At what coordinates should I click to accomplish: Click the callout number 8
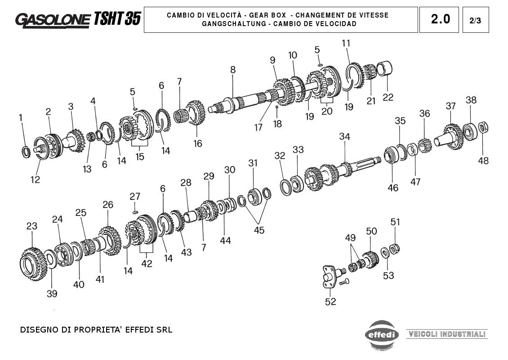coord(233,70)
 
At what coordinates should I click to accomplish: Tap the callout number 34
coord(345,136)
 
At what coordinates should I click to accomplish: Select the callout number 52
coord(330,301)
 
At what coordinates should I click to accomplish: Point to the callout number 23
coord(32,226)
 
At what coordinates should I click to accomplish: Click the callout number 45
coord(259,230)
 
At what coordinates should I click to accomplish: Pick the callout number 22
coord(388,97)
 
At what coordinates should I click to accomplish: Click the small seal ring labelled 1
coord(26,152)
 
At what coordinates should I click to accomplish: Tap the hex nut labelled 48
coord(483,127)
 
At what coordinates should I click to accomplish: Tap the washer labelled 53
coord(385,252)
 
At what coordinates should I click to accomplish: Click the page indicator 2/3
coord(475,21)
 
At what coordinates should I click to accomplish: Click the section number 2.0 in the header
coord(440,19)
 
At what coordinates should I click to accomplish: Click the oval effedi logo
coord(382,334)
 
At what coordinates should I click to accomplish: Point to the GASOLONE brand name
coord(53,20)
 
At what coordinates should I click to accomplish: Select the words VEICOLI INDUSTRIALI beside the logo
coord(447,334)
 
